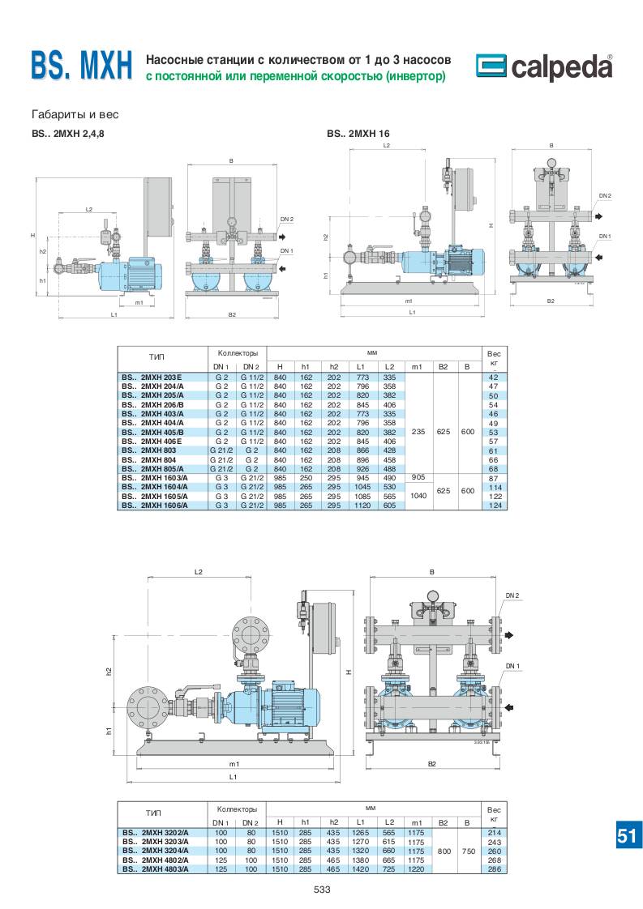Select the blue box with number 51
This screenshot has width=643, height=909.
pyautogui.click(x=626, y=836)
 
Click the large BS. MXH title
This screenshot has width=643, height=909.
pyautogui.click(x=81, y=67)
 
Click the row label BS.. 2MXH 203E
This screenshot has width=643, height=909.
pyautogui.click(x=152, y=378)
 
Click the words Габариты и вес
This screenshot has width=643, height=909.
pyautogui.click(x=67, y=114)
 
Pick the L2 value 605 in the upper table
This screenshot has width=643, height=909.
pyautogui.click(x=389, y=506)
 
